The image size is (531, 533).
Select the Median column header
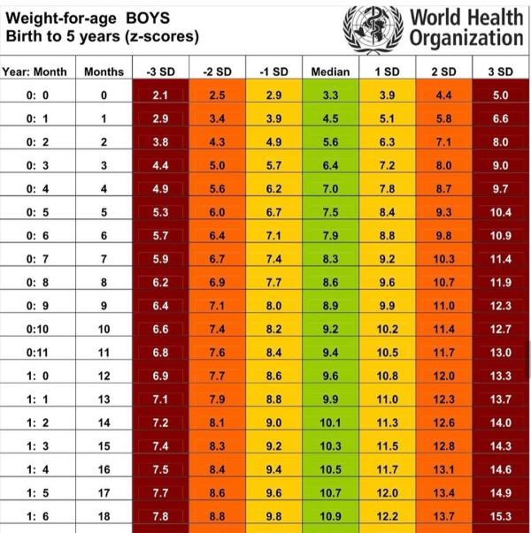click(x=330, y=71)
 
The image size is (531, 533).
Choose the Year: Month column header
click(x=36, y=71)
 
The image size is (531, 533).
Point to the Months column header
click(x=104, y=71)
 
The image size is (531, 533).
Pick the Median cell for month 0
click(x=330, y=95)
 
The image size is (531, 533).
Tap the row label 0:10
click(x=36, y=329)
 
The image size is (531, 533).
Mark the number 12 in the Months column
click(x=104, y=376)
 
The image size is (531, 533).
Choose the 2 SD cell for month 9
click(x=443, y=305)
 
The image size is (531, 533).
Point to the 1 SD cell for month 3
click(x=386, y=165)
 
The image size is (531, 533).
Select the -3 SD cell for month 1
click(x=161, y=118)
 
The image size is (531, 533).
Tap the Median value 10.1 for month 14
click(x=330, y=423)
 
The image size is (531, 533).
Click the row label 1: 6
click(x=36, y=515)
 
